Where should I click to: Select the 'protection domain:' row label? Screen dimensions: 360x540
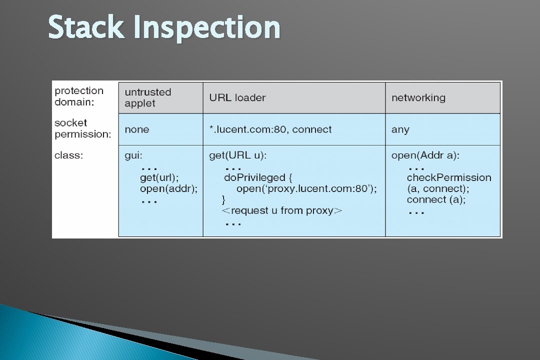point(79,96)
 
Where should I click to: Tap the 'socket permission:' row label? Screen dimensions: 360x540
point(82,128)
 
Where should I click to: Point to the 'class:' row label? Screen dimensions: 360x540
point(68,155)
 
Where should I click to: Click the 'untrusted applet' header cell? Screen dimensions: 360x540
point(147,97)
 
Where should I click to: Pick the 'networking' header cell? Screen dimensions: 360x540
point(418,97)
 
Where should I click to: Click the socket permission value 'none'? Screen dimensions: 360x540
point(136,129)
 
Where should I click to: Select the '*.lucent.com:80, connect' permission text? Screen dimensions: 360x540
point(270,129)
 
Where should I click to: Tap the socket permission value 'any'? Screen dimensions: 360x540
point(400,130)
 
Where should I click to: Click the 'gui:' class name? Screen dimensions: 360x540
point(133,156)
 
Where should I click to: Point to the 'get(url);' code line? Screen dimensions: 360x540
point(159,177)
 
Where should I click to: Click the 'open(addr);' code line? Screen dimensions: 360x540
point(168,188)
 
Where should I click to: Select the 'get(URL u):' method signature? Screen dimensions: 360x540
point(237,156)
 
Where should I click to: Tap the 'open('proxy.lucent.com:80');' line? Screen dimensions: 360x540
point(306,188)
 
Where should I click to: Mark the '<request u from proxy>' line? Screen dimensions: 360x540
point(281,210)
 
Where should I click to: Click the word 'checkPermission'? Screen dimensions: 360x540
point(448,177)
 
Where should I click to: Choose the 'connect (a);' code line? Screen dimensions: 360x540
point(435,199)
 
